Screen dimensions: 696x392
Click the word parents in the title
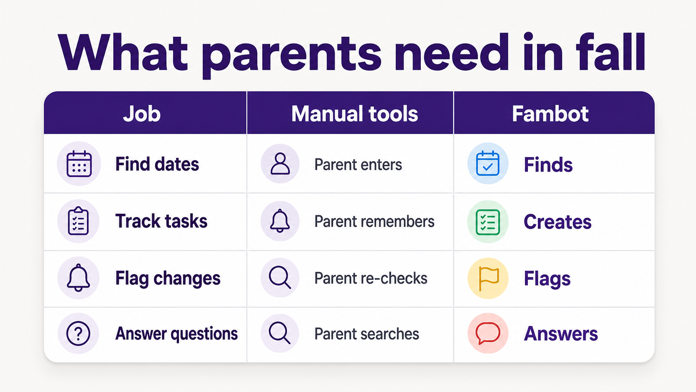(292, 55)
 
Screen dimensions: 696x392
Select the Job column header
(142, 114)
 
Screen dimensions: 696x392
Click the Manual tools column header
(355, 114)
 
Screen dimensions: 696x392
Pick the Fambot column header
(550, 114)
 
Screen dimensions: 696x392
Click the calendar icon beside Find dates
(79, 164)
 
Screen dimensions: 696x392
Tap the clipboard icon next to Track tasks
(78, 221)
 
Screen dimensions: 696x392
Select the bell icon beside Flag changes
(78, 277)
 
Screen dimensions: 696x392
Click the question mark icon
(78, 334)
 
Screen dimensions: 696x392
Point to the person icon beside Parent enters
(280, 164)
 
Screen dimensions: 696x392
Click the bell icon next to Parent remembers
(280, 221)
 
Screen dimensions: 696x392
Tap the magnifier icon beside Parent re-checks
(280, 277)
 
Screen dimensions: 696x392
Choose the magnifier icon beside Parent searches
(280, 333)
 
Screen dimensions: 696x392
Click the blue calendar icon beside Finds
(488, 163)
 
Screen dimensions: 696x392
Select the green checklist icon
(488, 222)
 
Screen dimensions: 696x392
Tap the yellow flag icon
(488, 279)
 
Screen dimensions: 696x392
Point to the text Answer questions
(176, 334)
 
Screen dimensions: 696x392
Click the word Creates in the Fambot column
(557, 222)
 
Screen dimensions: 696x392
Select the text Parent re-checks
(370, 278)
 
